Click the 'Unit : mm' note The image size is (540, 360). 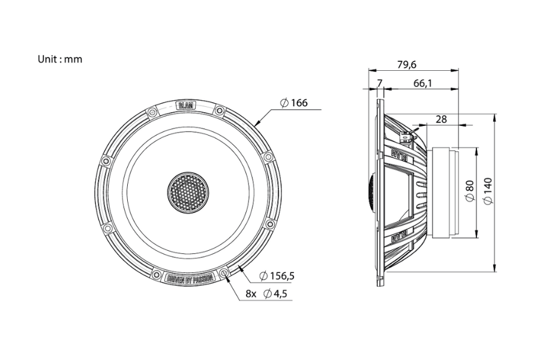coord(59,59)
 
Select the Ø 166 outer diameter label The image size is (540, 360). coord(293,103)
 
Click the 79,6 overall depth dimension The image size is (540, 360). coord(407,64)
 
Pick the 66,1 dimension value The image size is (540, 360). coord(422,83)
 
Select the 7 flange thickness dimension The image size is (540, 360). coord(379,83)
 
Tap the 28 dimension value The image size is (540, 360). coord(441,119)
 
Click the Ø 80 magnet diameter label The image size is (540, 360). coord(470,192)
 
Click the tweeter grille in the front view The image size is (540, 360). coord(186,192)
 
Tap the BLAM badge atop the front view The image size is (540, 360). coord(186,106)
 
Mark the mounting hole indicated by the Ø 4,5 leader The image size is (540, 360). coord(225,274)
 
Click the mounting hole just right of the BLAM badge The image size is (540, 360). coord(220,110)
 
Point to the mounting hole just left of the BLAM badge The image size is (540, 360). coord(152,111)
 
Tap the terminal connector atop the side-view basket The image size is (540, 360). coord(407,138)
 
